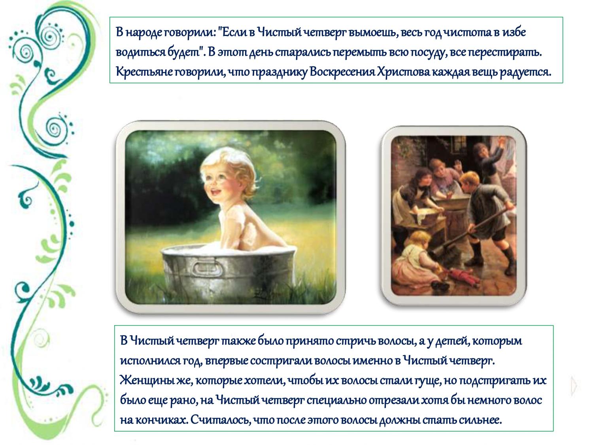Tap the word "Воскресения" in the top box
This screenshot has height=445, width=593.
(342, 72)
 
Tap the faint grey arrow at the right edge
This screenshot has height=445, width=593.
(574, 385)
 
